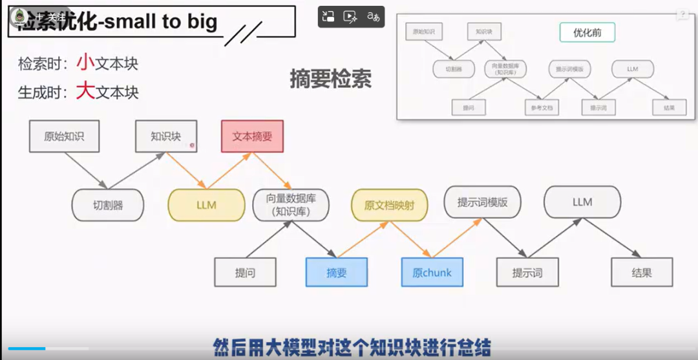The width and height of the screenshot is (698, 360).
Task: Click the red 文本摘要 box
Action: click(252, 136)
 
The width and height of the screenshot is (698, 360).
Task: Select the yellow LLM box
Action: click(206, 205)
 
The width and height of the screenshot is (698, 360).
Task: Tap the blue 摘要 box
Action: click(336, 272)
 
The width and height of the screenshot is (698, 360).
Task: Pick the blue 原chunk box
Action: click(432, 272)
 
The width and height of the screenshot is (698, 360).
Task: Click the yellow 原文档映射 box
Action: click(388, 205)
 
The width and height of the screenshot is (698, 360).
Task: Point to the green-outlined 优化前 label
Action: click(587, 32)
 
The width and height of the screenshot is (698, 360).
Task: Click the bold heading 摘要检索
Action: click(330, 79)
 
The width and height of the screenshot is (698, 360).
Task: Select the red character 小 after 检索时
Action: click(86, 63)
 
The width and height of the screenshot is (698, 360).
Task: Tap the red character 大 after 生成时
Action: click(86, 91)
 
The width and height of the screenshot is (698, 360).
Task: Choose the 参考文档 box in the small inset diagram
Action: click(542, 108)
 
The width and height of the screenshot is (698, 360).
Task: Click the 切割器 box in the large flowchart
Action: click(107, 206)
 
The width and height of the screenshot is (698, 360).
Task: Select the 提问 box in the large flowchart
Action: click(245, 272)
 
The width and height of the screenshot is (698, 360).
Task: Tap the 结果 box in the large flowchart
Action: click(641, 272)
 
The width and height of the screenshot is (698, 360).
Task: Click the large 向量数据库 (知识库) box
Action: click(291, 205)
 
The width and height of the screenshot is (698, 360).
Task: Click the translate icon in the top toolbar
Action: click(373, 17)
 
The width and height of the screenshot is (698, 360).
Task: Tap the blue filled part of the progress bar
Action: click(26, 348)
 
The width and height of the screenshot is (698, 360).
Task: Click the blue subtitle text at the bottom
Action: click(352, 346)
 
